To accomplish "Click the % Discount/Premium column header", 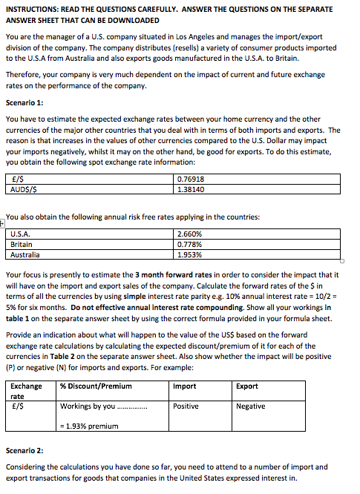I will pos(96,386).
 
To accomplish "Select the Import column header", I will pos(184,386).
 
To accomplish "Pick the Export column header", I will pos(246,386).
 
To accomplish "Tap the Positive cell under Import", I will pos(186,406).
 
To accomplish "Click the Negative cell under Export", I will pos(250,406).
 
